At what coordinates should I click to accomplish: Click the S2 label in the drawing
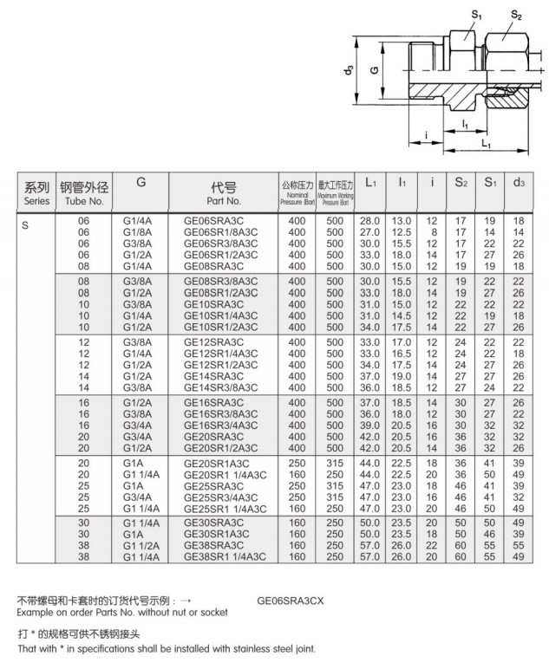(x=517, y=14)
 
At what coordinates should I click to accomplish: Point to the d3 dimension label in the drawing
(x=350, y=72)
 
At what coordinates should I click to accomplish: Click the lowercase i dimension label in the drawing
(x=427, y=134)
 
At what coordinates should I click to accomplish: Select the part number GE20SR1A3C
(x=216, y=464)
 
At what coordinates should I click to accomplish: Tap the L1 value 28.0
(x=370, y=223)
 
